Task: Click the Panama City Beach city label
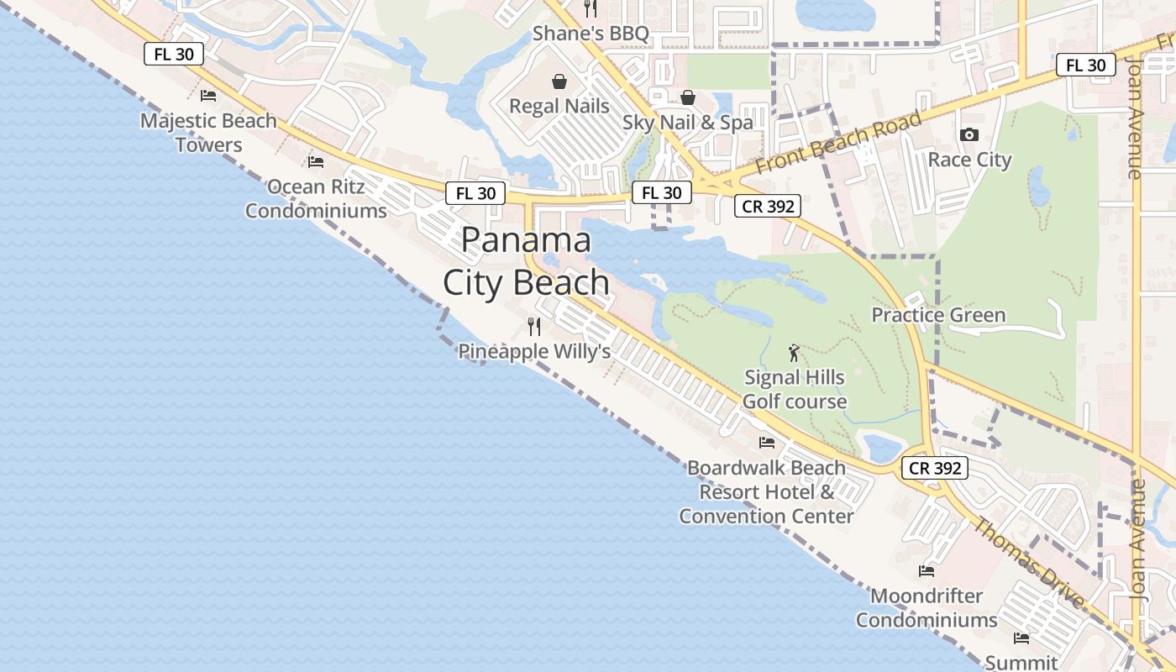coord(527,261)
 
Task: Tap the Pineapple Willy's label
coord(534,351)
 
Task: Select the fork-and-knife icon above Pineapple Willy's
coord(534,327)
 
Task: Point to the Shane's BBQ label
coord(591,34)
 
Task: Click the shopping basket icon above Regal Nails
coord(559,81)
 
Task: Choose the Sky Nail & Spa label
coord(688,123)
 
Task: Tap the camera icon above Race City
coord(969,134)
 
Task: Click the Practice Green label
coord(938,315)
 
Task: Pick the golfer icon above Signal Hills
coord(794,353)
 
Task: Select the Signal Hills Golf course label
coord(795,389)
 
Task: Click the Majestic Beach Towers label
coord(208,133)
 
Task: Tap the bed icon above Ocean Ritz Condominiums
coord(316,161)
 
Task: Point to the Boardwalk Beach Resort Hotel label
coord(766,491)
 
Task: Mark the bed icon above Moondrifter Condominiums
coord(927,571)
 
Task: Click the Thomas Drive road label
coord(1030,559)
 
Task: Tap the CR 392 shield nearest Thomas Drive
coord(936,468)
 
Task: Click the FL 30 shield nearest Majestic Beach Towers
coord(174,55)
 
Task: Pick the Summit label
coord(1021,662)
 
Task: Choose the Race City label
coord(969,160)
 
